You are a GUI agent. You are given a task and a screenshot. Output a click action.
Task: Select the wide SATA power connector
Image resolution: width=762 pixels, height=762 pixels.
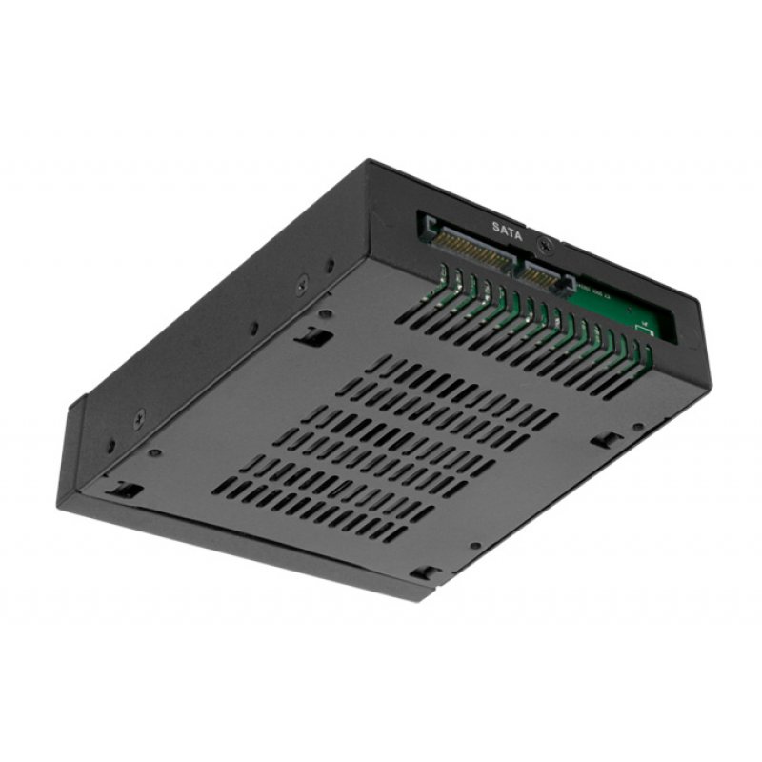[x=473, y=249]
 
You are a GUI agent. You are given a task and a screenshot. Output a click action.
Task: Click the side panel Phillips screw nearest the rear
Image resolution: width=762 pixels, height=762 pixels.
[x=302, y=281]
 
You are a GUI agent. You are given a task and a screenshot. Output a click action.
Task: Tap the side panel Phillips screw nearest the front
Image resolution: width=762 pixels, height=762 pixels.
[x=139, y=416]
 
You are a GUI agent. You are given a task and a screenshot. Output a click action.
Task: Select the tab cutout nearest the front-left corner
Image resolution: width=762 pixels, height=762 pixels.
[x=124, y=490]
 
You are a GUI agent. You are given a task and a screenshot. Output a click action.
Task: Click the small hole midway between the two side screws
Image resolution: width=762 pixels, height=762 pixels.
[x=253, y=328]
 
